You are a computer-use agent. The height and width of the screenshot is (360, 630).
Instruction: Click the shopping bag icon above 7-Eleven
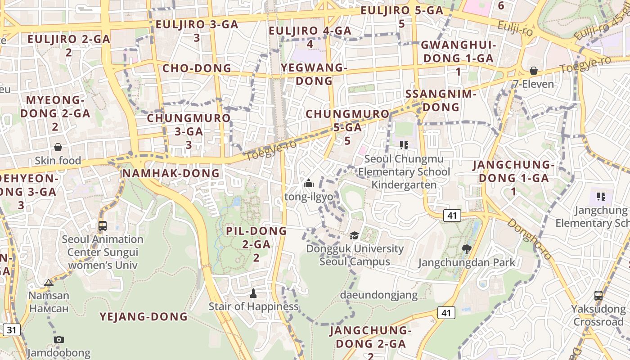point(533,71)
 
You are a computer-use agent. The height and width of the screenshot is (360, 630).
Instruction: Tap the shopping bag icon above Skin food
point(58,147)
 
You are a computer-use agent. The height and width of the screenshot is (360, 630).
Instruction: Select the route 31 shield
point(11,330)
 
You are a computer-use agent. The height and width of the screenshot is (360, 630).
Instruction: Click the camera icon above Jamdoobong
point(58,339)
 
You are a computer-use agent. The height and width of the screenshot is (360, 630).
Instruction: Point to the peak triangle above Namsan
point(49,283)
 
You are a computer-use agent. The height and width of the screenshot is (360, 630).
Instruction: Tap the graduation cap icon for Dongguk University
point(355,235)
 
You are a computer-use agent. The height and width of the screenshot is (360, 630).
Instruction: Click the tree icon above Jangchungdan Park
point(467,249)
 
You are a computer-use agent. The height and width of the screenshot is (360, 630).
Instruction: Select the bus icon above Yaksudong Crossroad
point(598,295)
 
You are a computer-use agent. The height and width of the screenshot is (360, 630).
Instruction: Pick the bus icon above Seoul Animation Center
point(103,225)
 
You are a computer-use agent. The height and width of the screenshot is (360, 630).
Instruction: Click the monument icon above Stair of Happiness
point(253,293)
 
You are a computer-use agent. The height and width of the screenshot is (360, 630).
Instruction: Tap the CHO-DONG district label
point(197,68)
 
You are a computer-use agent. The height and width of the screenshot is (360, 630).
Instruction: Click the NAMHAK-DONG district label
point(171,173)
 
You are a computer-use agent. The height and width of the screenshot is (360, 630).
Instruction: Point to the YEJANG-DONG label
point(144,316)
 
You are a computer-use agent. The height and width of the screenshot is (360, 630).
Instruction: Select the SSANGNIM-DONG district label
point(441,100)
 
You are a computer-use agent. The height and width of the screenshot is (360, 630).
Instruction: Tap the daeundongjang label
point(379,295)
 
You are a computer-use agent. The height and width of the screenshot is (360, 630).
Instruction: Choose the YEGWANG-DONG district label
point(314,74)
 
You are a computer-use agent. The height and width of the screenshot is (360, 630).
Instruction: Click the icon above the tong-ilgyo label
point(309,183)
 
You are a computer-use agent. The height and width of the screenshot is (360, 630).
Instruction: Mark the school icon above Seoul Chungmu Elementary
point(404,145)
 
